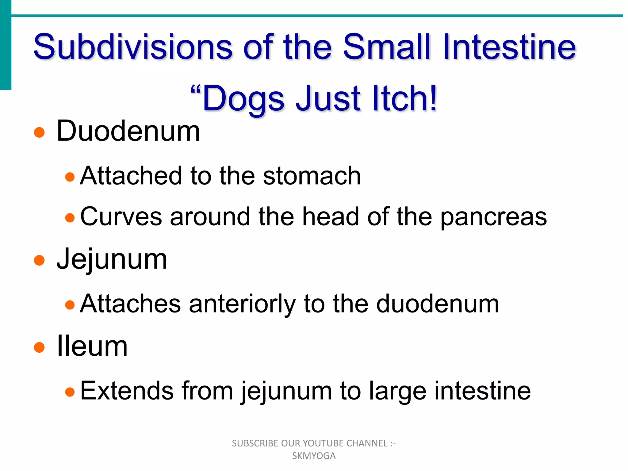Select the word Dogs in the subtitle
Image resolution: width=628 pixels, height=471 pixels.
click(x=243, y=99)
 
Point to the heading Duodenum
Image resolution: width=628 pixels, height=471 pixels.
click(x=128, y=131)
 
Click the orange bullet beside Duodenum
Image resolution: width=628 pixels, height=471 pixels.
click(x=39, y=132)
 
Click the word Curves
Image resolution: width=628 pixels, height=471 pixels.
click(x=121, y=216)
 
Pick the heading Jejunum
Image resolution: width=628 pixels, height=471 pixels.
click(x=112, y=259)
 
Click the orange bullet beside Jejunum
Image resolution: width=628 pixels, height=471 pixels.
click(x=39, y=260)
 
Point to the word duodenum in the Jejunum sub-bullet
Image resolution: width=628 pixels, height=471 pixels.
click(x=438, y=304)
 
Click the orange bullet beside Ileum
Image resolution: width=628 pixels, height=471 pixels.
click(x=39, y=347)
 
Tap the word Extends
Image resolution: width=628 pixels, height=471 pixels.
click(x=127, y=391)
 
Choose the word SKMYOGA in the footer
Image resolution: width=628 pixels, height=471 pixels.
click(x=314, y=456)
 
